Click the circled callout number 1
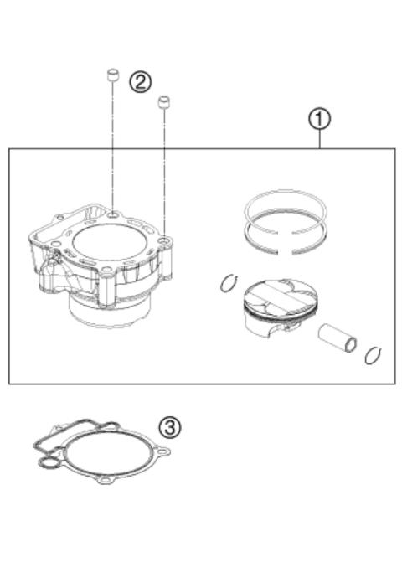tap(318, 120)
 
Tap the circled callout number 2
tap(141, 81)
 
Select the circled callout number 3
tap(169, 427)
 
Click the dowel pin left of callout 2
tap(110, 77)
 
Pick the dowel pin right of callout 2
tap(164, 101)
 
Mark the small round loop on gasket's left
tap(51, 460)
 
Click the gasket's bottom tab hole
tap(106, 482)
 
